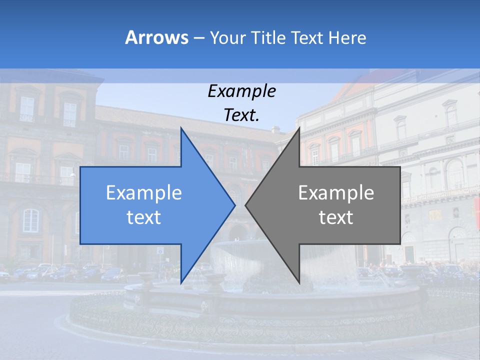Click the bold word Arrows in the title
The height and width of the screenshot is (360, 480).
[156, 37]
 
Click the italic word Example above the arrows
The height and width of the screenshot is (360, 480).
[241, 91]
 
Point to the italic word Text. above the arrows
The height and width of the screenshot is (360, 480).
[241, 115]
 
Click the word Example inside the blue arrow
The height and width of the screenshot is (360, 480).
[144, 192]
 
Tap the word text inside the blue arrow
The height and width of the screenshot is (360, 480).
[144, 217]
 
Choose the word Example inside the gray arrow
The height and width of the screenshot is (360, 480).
[336, 192]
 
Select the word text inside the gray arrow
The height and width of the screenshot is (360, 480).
[336, 217]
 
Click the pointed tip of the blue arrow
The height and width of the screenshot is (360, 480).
[234, 205]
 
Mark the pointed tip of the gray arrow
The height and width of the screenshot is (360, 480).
[245, 205]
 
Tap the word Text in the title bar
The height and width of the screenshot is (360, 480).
[307, 38]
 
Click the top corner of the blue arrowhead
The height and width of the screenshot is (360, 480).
[181, 128]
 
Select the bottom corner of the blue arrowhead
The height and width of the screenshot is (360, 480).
[181, 282]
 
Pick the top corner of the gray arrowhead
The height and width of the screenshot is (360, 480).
[299, 128]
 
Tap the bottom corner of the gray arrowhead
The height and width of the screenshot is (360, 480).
[299, 282]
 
